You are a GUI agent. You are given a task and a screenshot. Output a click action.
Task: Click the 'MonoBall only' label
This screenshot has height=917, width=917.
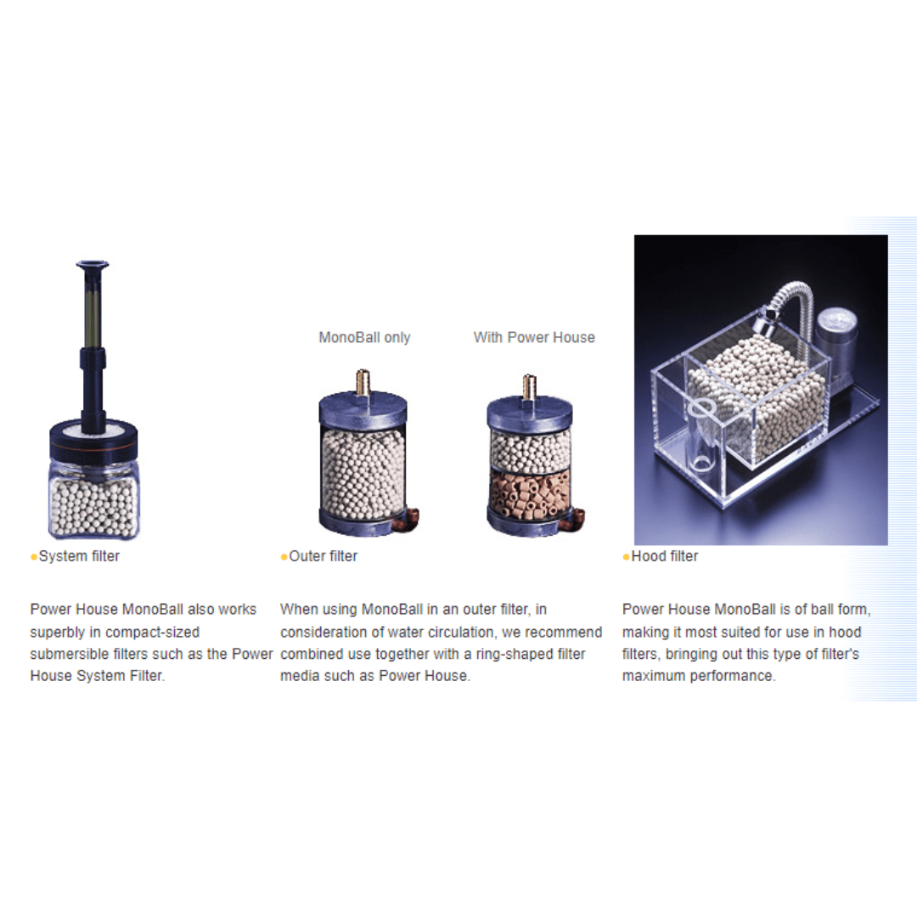pyautogui.click(x=364, y=337)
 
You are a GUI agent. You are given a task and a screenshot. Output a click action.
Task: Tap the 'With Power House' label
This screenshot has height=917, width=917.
pyautogui.click(x=534, y=337)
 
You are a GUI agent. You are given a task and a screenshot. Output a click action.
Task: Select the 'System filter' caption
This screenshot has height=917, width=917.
pyautogui.click(x=79, y=556)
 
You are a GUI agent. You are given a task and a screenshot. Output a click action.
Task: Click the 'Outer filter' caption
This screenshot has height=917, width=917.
pyautogui.click(x=323, y=556)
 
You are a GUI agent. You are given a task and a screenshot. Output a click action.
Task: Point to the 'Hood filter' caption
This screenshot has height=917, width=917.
pyautogui.click(x=664, y=556)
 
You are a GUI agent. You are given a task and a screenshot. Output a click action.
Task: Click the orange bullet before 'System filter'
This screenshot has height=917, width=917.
pyautogui.click(x=34, y=557)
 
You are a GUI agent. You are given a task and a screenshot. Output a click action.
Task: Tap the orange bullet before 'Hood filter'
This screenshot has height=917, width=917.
pyautogui.click(x=627, y=557)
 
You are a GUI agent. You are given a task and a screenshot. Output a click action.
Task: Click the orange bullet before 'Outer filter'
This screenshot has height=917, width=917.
pyautogui.click(x=284, y=557)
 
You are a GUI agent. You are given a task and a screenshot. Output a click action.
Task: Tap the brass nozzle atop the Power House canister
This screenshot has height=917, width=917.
pyautogui.click(x=529, y=386)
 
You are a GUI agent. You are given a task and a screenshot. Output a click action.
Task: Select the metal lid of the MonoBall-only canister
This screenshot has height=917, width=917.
pyautogui.click(x=363, y=409)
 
